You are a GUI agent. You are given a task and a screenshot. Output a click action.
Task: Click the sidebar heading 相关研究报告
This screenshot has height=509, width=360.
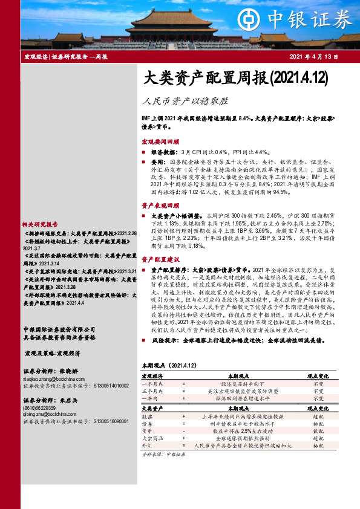coord(40,222)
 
